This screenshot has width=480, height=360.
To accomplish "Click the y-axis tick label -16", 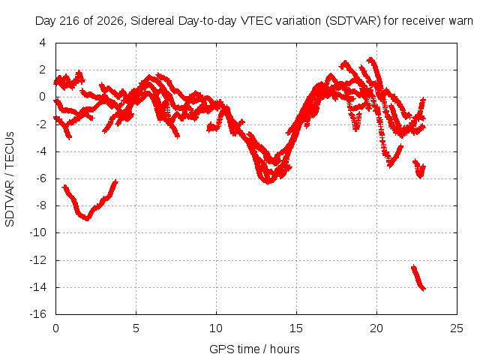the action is [37, 314].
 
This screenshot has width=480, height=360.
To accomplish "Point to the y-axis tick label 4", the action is [43, 43].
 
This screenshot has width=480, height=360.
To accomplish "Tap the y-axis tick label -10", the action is [37, 232].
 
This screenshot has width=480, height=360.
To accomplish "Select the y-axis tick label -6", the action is [40, 178].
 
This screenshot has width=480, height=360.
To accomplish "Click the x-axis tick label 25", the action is [457, 328].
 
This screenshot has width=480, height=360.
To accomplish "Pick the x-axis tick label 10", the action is [216, 328].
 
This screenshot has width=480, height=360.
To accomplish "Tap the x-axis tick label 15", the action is [296, 328].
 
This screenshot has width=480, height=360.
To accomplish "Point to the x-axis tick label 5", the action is [136, 328].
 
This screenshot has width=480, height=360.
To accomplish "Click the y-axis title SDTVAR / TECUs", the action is [10, 179].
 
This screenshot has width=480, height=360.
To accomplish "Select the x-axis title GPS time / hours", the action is [254, 349].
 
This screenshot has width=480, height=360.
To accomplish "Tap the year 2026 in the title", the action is [110, 21].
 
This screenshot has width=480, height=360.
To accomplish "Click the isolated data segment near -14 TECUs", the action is [418, 277].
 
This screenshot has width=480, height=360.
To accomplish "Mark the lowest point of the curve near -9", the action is [87, 219].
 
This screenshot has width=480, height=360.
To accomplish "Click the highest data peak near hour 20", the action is [371, 59].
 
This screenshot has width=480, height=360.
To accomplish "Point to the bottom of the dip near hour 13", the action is [268, 183].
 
